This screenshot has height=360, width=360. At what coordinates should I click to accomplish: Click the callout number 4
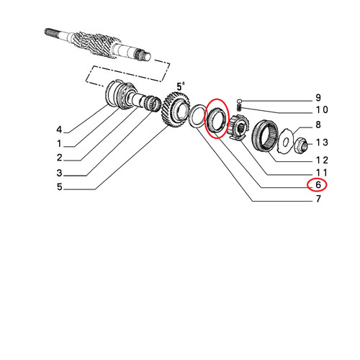(x=59, y=130)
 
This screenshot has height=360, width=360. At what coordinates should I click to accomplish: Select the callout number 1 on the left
(x=59, y=144)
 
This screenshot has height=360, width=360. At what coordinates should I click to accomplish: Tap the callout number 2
(x=59, y=158)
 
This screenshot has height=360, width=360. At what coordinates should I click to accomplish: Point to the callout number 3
(x=59, y=173)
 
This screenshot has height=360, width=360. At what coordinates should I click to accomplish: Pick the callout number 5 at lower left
(x=59, y=186)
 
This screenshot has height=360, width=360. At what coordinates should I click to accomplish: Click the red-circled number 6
(x=318, y=185)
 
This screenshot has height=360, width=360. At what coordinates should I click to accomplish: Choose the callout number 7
(x=318, y=199)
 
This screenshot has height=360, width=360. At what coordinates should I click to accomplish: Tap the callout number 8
(x=318, y=125)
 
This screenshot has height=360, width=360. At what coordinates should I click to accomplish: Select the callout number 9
(x=318, y=98)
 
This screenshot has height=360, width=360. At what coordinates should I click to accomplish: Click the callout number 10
(x=322, y=110)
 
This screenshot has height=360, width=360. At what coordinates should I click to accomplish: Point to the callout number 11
(x=322, y=173)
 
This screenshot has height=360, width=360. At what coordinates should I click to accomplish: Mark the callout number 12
(x=322, y=160)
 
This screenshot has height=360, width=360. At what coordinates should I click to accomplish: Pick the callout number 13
(x=322, y=143)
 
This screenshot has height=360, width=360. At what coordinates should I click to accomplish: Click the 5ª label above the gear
(x=181, y=86)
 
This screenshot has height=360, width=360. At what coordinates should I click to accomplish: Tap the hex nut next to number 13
(x=301, y=145)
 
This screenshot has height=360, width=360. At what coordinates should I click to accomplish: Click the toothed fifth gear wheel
(x=176, y=109)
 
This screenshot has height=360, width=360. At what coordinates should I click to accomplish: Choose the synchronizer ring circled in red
(x=216, y=120)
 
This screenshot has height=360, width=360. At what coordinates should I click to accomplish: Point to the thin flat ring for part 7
(x=197, y=116)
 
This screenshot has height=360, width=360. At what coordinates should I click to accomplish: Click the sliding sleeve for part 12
(x=265, y=135)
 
